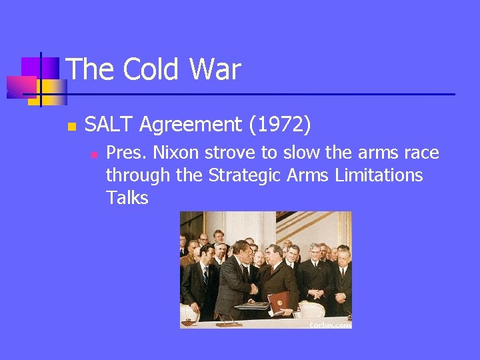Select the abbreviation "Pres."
click(x=127, y=153)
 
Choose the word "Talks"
click(x=127, y=199)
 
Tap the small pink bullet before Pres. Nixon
click(x=93, y=154)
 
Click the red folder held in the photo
click(x=278, y=301)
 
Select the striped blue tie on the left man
click(x=205, y=275)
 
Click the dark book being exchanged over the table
click(x=253, y=306)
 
